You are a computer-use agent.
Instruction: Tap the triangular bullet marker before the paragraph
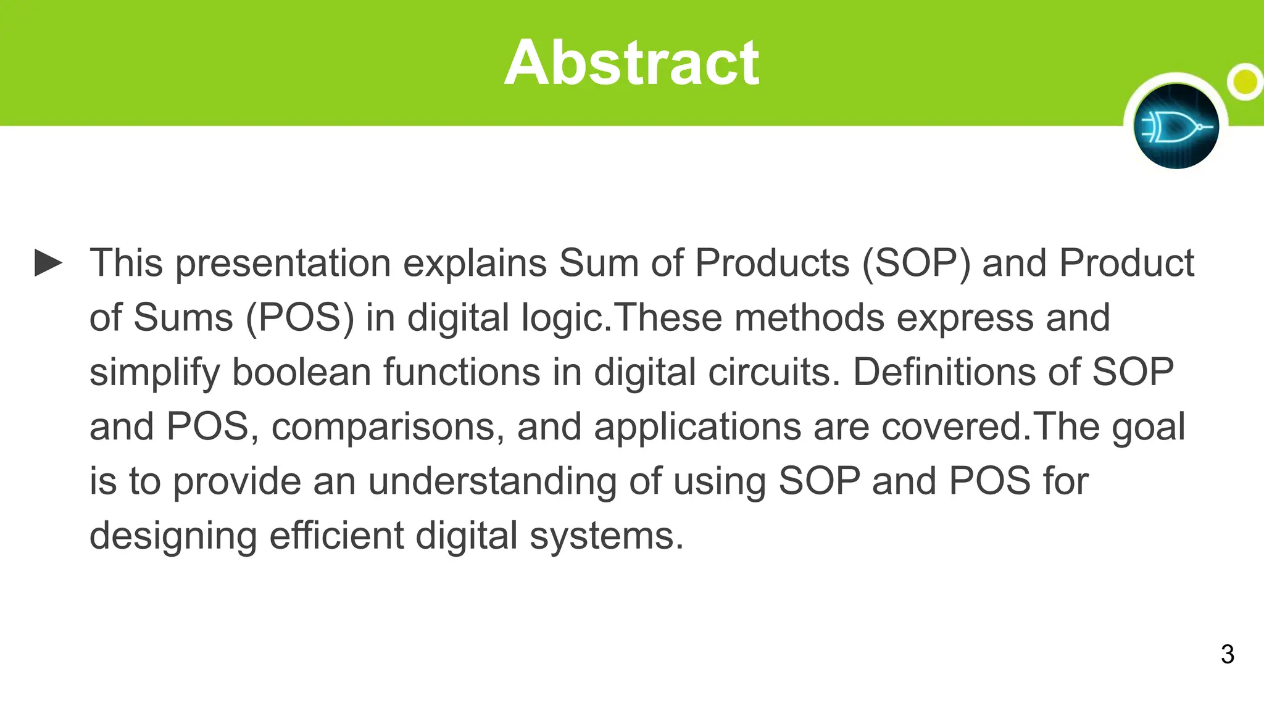click(48, 263)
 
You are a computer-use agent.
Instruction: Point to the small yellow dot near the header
click(1245, 81)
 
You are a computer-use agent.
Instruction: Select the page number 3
click(1227, 654)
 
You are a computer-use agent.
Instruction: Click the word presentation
click(283, 264)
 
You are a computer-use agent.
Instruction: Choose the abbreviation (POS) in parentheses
click(300, 318)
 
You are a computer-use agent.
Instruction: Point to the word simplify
click(154, 373)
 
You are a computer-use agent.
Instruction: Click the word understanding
click(492, 481)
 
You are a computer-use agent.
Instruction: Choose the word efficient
click(336, 536)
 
